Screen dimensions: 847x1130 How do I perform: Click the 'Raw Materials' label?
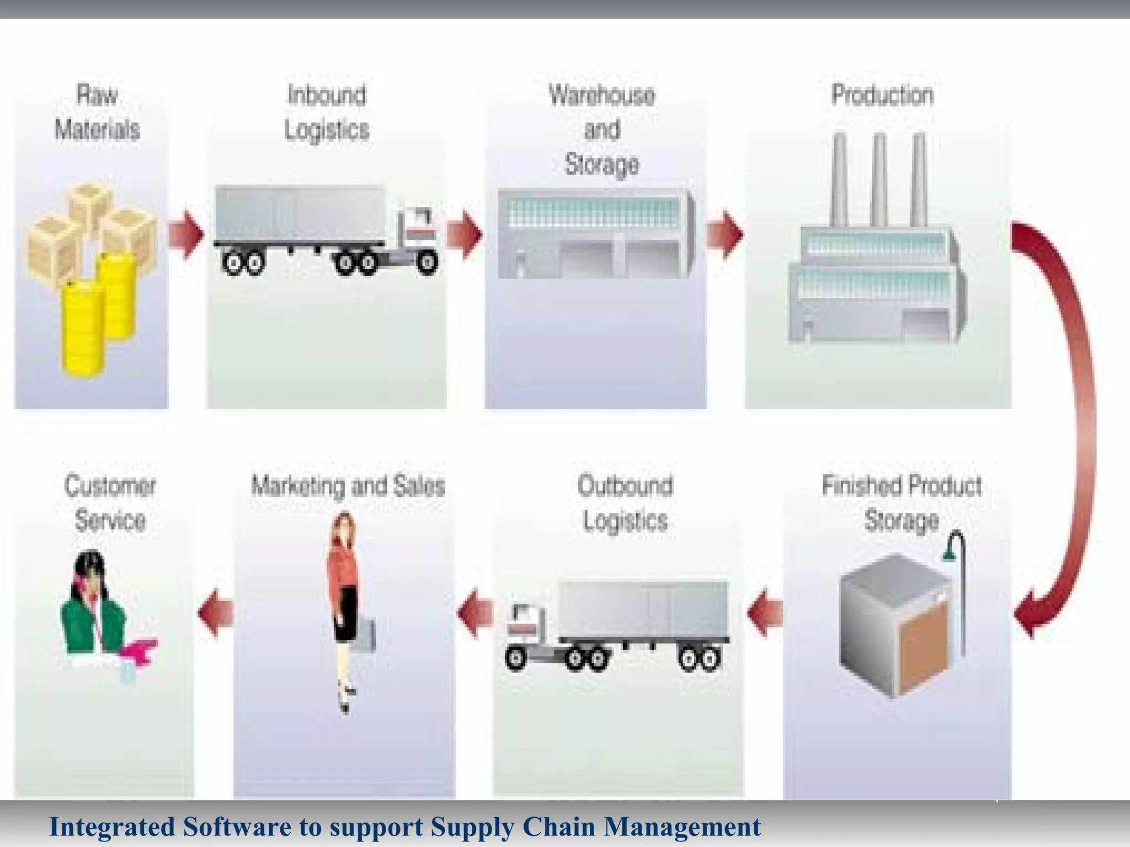(97, 112)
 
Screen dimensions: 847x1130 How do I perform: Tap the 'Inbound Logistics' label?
(327, 112)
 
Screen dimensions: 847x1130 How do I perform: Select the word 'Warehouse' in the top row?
(601, 95)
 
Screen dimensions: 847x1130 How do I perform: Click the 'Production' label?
(882, 95)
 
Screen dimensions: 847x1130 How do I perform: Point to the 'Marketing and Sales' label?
(348, 486)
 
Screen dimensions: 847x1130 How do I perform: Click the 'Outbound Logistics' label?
(625, 503)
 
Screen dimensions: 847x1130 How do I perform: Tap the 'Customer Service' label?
(110, 503)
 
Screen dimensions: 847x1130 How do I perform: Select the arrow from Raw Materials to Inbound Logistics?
(186, 234)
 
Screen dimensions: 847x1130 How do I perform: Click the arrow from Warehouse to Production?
(724, 234)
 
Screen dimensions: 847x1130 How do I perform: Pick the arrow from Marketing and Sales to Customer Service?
(216, 613)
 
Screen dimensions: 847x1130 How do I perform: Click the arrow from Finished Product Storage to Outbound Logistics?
(765, 613)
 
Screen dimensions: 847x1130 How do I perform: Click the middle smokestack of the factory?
(880, 179)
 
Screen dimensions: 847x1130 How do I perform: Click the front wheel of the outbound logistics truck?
(516, 657)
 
